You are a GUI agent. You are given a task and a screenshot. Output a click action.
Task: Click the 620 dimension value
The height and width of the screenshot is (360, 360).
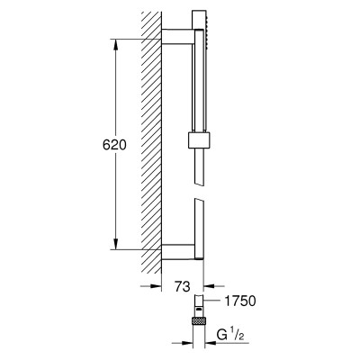point(114,145)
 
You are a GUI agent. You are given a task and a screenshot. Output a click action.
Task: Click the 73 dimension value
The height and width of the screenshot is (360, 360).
point(183,287)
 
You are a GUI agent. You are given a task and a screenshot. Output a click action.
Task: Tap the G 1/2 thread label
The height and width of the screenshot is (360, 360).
point(229,335)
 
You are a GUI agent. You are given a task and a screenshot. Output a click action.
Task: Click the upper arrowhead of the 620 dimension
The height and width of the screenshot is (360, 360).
point(116,44)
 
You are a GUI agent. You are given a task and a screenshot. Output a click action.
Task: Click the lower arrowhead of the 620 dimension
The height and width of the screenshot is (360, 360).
point(116,244)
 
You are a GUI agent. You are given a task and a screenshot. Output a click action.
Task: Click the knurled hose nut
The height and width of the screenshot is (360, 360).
point(198,319)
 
